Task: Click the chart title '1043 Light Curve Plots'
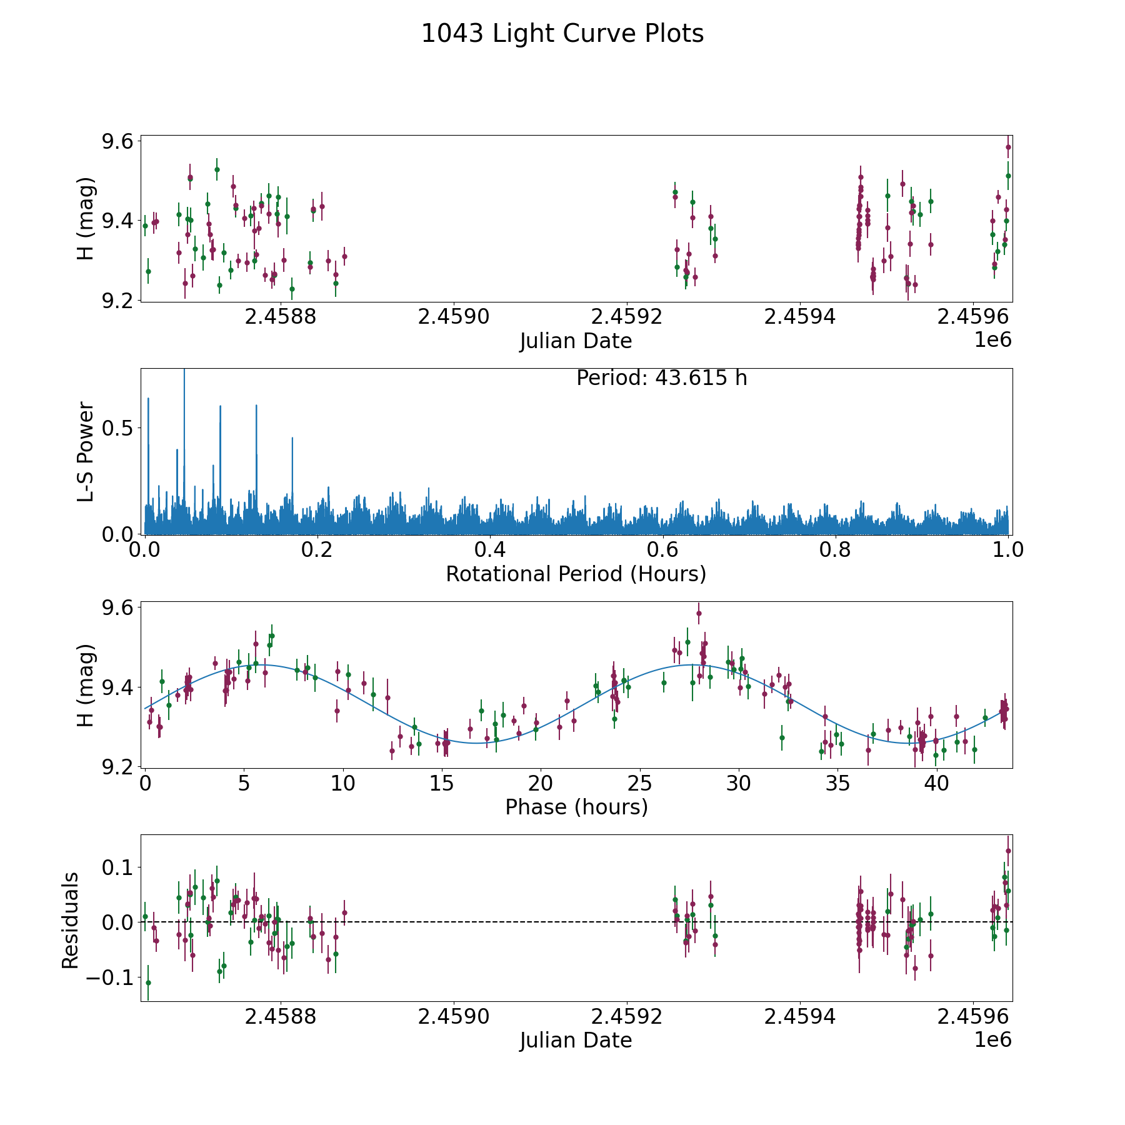(x=562, y=34)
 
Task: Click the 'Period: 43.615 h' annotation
(x=661, y=378)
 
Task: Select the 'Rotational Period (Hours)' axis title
(x=576, y=574)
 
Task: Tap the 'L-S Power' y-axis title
(x=86, y=451)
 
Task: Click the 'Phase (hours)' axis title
(x=576, y=807)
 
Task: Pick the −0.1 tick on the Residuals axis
(x=110, y=977)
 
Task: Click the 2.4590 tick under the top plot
(x=453, y=317)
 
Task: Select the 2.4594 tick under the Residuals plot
(x=799, y=1017)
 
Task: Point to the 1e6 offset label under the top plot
(x=992, y=340)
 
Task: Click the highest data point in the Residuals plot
(x=1008, y=851)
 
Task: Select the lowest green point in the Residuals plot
(x=148, y=982)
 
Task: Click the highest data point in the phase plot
(x=699, y=613)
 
